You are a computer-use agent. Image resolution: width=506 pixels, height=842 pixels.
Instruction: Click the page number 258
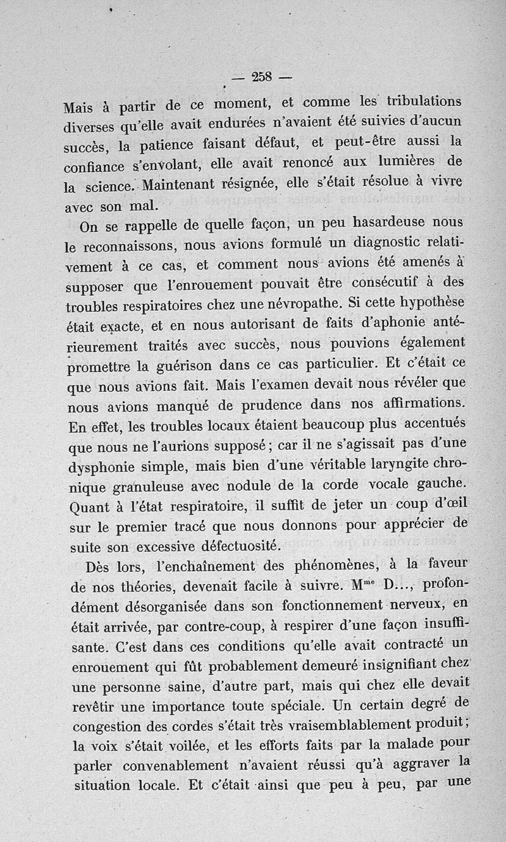click(x=261, y=77)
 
